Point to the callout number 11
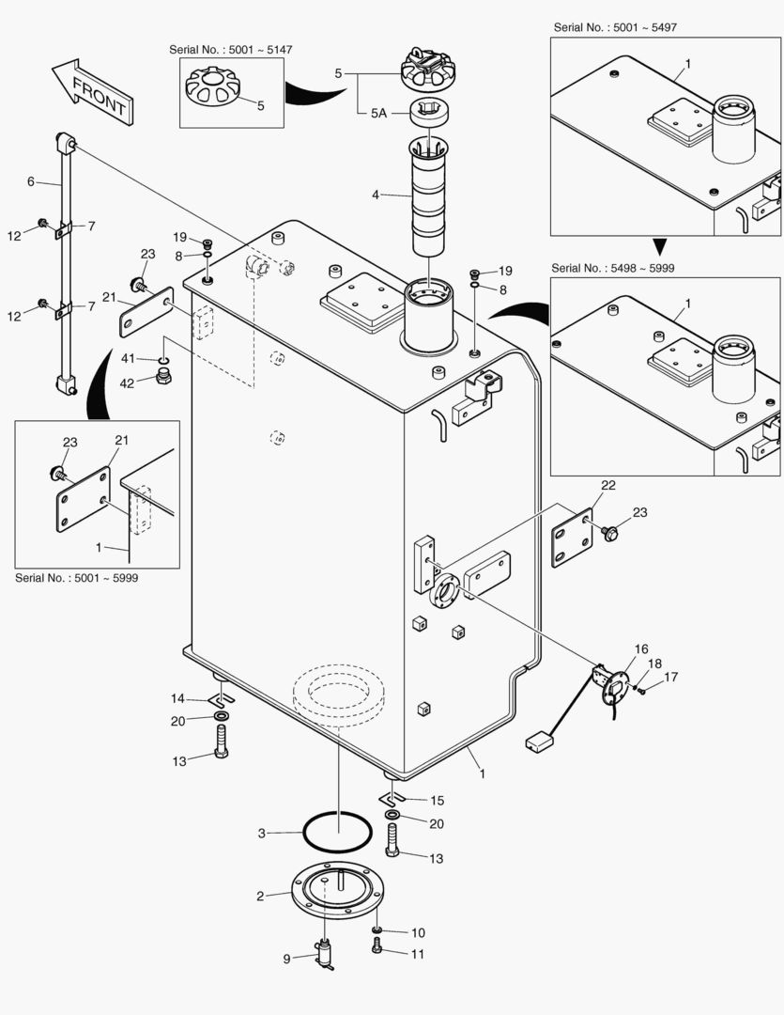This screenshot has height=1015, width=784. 418,953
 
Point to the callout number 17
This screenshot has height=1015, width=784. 670,677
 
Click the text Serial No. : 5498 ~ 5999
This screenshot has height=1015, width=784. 612,268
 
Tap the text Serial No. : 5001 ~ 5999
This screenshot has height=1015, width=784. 76,578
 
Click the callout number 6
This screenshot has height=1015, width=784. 31,181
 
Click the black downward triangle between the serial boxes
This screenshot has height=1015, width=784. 659,247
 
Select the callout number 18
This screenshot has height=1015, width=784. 654,664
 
